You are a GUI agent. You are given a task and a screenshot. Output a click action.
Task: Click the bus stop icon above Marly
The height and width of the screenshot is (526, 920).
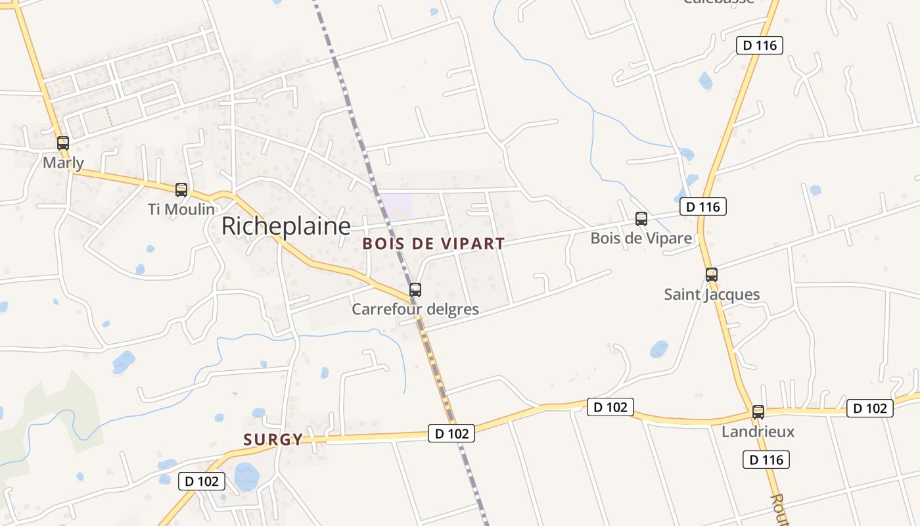(x=63, y=143)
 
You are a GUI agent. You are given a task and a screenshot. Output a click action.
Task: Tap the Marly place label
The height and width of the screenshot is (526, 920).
(x=63, y=162)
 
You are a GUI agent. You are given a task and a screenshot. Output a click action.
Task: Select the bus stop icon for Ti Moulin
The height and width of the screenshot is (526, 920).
(x=181, y=190)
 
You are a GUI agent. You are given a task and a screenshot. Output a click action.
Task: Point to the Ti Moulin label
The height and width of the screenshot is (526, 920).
(x=181, y=209)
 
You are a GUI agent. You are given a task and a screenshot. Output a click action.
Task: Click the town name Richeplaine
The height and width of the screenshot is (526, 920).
(x=286, y=226)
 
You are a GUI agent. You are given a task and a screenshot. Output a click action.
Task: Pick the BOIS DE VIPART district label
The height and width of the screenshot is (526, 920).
(x=434, y=244)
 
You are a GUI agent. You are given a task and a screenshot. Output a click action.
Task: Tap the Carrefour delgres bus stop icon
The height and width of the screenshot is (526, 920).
(x=415, y=289)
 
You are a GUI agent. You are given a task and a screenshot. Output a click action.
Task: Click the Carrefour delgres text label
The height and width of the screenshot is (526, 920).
(x=415, y=309)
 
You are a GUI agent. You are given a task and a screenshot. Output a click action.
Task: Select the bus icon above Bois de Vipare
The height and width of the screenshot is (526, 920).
(x=641, y=219)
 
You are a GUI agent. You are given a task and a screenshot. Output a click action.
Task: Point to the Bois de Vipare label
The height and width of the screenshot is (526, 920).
(x=641, y=238)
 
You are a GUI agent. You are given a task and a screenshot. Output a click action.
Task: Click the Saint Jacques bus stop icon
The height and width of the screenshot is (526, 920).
(x=711, y=275)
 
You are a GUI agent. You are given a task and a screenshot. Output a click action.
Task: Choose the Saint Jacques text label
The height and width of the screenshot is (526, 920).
(x=712, y=294)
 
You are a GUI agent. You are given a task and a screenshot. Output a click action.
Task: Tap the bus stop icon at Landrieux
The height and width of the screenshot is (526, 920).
(x=758, y=412)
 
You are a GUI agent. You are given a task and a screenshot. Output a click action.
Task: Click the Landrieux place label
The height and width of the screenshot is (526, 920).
(x=758, y=432)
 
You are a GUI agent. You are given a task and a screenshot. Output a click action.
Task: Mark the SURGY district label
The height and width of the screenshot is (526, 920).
(x=273, y=439)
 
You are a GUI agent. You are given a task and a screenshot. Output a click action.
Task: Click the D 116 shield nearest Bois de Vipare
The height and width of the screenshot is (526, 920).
(x=703, y=207)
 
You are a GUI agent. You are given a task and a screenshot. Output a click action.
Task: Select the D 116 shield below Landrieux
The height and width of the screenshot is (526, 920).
(x=766, y=460)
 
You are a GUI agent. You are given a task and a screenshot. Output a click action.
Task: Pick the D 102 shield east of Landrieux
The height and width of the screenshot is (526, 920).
(x=870, y=408)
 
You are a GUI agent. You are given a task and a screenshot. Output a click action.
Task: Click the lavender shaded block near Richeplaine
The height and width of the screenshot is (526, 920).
(x=397, y=203)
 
